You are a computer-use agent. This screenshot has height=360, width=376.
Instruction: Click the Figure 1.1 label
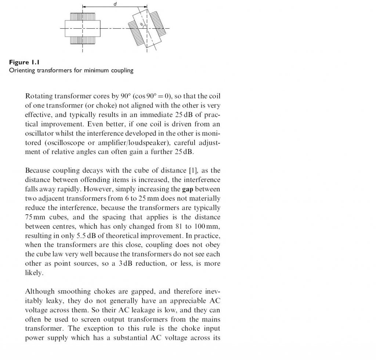click(24, 63)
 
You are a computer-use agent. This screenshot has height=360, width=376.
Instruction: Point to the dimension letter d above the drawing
click(115, 3)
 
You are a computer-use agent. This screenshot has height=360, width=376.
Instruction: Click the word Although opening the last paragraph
click(40, 291)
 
